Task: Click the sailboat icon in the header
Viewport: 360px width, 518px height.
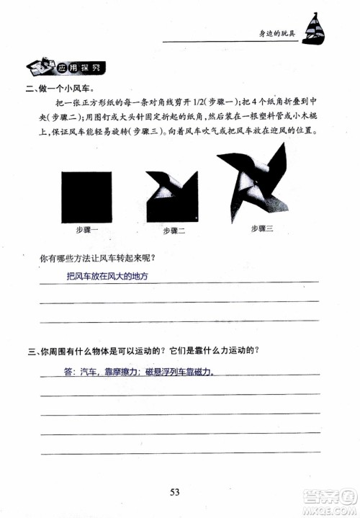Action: click(x=316, y=28)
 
